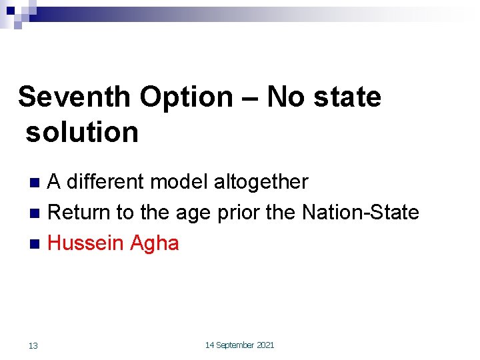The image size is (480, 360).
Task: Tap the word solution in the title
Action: click(x=82, y=132)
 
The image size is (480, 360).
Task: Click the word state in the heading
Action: click(x=344, y=97)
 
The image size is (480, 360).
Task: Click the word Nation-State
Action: click(x=361, y=213)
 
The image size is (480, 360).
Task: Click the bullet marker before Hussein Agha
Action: click(x=36, y=244)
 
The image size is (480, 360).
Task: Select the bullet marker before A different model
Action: click(x=36, y=182)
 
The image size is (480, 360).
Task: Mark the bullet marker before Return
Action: click(x=36, y=213)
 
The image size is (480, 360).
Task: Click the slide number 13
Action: click(x=33, y=345)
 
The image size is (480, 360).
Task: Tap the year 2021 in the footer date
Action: click(x=265, y=345)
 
